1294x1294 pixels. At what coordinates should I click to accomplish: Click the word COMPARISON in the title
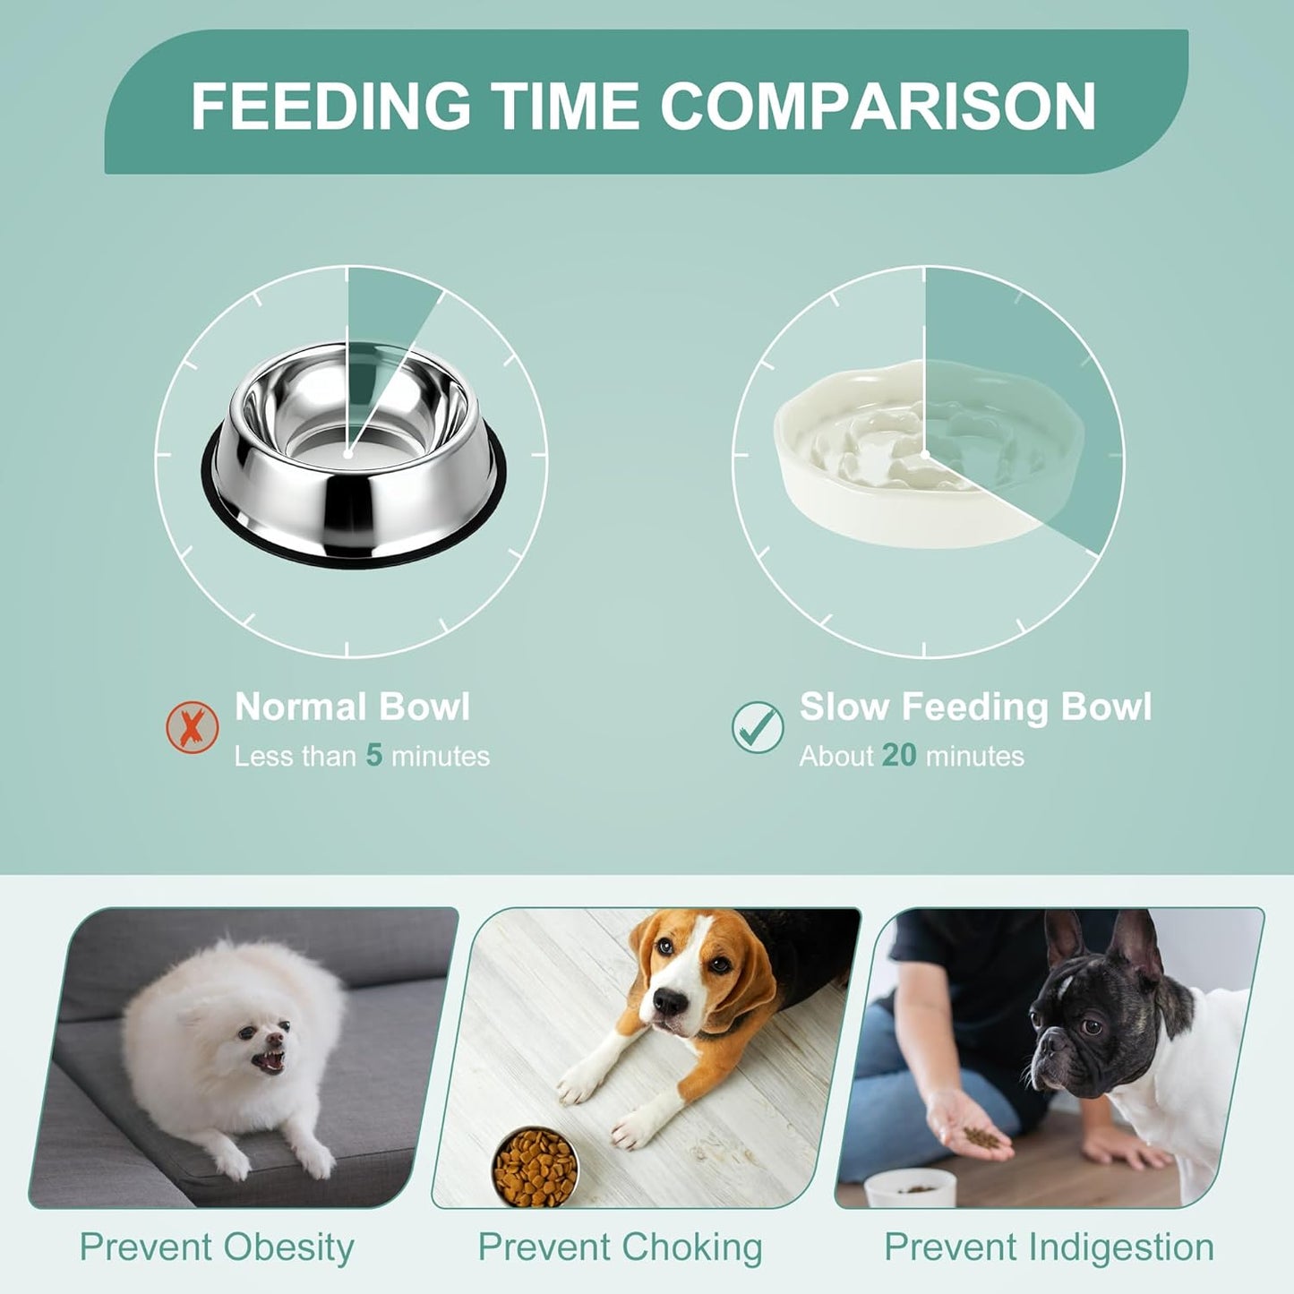(878, 106)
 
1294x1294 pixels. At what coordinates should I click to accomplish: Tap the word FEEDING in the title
(330, 106)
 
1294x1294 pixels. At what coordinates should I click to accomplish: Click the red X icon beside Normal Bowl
(193, 726)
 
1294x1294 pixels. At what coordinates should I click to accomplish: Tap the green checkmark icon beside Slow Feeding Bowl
(758, 726)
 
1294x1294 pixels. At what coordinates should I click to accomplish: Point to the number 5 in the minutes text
(374, 756)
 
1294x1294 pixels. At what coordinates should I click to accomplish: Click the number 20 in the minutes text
(899, 756)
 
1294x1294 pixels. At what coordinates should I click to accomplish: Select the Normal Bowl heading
(352, 707)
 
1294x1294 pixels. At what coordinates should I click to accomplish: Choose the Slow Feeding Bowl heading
(975, 707)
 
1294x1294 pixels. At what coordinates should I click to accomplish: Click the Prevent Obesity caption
(217, 1247)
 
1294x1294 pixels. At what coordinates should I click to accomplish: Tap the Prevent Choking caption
(620, 1247)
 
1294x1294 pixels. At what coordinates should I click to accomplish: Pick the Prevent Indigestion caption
(1049, 1247)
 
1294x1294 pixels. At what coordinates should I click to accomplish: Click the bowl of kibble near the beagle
(536, 1167)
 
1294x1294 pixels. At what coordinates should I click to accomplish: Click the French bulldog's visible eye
(1092, 1025)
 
